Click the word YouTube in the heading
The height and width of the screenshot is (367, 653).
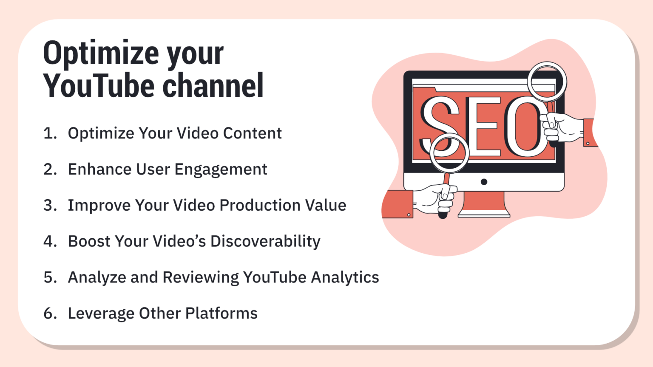point(99,86)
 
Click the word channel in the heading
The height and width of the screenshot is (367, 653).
point(213,86)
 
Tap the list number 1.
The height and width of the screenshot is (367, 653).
point(50,133)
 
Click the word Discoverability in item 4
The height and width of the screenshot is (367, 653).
point(265,242)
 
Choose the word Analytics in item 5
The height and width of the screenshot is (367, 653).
point(345,278)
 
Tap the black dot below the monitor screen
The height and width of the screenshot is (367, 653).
point(484,182)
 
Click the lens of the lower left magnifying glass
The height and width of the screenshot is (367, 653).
point(449,153)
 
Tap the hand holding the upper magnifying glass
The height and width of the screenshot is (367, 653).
point(561,127)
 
